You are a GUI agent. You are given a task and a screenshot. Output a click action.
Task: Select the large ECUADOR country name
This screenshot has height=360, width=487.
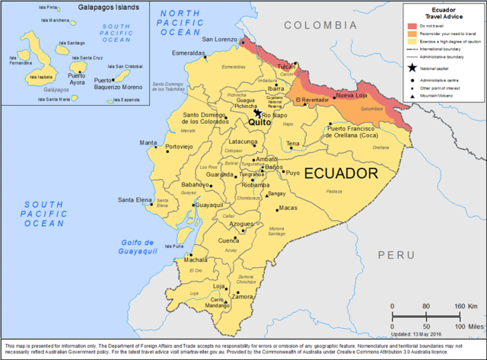tap(341, 174)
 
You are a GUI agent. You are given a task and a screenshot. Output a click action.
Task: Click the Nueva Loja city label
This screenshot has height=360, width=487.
tap(352, 95)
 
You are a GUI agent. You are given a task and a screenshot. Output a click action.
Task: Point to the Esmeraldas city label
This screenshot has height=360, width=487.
tap(189, 53)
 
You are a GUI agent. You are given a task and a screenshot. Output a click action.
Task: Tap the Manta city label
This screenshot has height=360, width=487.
tap(148, 142)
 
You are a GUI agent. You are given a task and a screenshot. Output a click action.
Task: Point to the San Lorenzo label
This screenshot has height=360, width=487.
tap(218, 39)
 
